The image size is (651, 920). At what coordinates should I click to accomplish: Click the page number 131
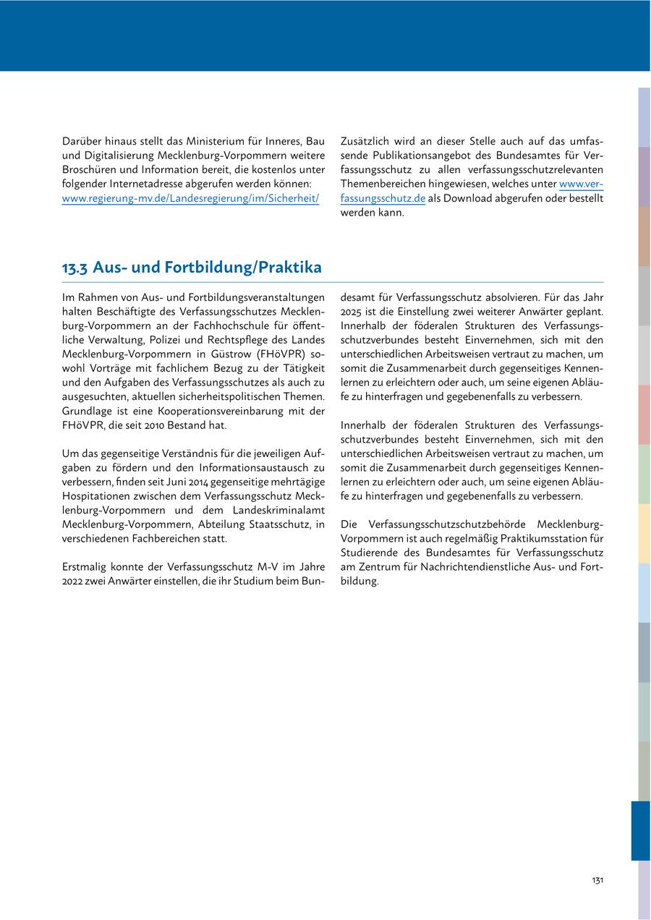pyautogui.click(x=597, y=880)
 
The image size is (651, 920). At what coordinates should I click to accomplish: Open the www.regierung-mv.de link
pyautogui.click(x=190, y=198)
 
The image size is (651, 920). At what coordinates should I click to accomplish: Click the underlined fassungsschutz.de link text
pyautogui.click(x=383, y=198)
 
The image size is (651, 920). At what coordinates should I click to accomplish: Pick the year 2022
pyautogui.click(x=75, y=581)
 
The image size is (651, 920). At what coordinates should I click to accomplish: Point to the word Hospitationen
pyautogui.click(x=97, y=495)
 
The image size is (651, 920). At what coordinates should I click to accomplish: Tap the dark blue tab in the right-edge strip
pyautogui.click(x=641, y=830)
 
